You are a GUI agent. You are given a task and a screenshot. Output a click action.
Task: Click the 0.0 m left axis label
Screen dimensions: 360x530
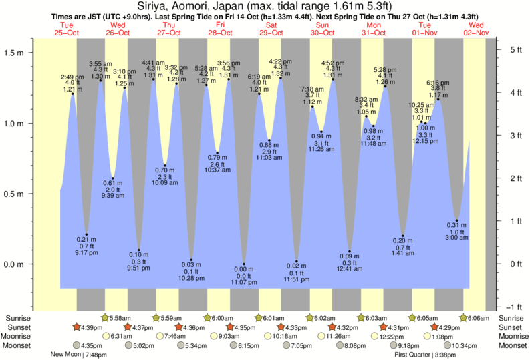pos(15,264)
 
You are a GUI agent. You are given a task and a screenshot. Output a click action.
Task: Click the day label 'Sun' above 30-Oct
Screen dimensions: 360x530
pos(322,25)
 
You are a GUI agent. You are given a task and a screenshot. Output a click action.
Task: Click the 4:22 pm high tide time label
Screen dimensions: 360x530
pos(281,61)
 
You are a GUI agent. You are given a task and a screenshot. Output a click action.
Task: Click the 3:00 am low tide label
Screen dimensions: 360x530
pos(456,238)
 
